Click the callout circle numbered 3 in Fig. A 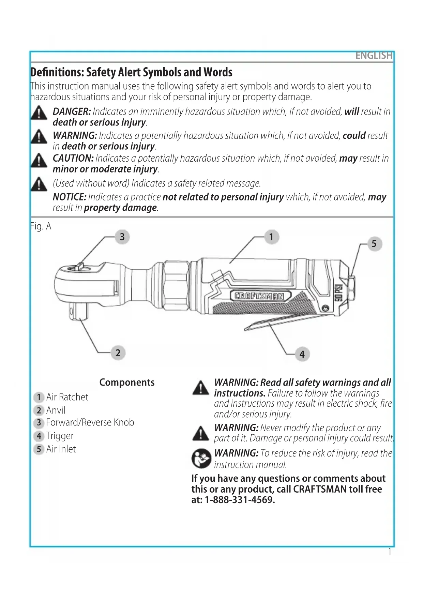[122, 237]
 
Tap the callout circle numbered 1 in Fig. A [271, 237]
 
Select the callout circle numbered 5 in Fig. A [374, 244]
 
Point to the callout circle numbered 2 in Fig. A [118, 353]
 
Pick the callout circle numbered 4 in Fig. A [302, 354]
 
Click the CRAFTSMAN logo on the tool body [261, 296]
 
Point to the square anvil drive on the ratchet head [79, 311]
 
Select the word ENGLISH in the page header [374, 56]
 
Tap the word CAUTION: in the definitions [73, 158]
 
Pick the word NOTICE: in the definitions [70, 197]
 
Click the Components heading [127, 382]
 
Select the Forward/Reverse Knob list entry [90, 422]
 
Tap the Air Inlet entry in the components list [61, 449]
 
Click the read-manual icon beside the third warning [201, 458]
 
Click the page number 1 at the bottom [390, 551]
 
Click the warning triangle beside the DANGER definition [39, 113]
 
